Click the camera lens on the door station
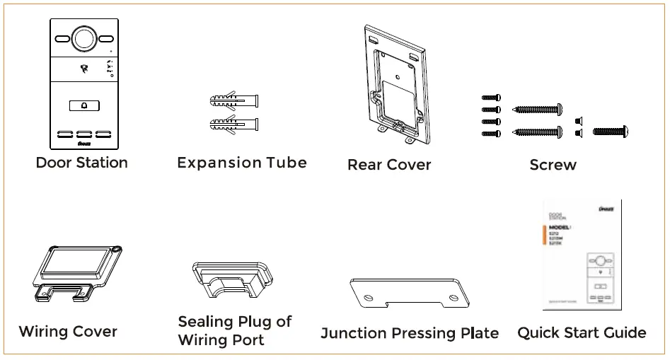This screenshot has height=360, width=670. click(84, 37)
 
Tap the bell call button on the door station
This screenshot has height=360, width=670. click(84, 106)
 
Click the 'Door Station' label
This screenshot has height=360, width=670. click(82, 163)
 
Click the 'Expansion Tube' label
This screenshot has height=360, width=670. click(242, 163)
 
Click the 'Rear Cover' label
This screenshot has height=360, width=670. click(389, 165)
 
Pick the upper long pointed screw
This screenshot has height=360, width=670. click(537, 109)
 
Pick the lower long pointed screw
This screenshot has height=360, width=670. click(537, 132)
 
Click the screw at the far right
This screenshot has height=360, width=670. click(610, 131)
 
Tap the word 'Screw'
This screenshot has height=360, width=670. click(553, 165)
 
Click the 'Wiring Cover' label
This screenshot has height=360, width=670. click(68, 331)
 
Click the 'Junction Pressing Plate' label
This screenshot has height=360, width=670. click(410, 333)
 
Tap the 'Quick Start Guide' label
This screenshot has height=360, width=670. click(582, 332)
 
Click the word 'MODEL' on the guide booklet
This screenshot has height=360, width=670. click(560, 227)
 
